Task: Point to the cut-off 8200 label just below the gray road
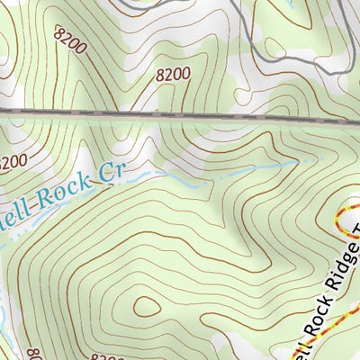12,163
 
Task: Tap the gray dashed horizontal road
180,114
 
